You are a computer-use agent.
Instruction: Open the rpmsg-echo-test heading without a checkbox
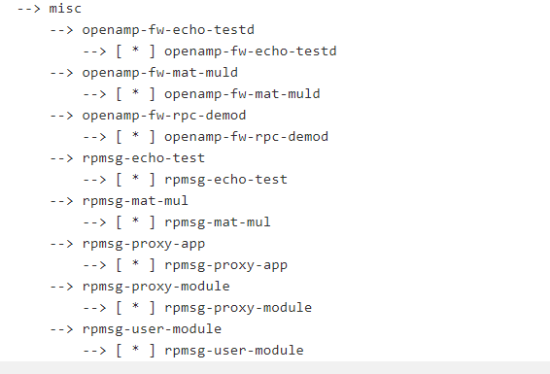pos(144,158)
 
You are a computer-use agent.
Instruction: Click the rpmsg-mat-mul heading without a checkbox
pos(135,201)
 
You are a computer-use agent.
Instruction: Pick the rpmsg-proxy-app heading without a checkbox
pos(144,244)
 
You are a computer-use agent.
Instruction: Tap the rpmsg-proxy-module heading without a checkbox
pos(155,287)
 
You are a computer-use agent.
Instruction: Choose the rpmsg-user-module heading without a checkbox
pos(152,329)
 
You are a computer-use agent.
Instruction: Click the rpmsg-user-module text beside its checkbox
pos(234,351)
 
